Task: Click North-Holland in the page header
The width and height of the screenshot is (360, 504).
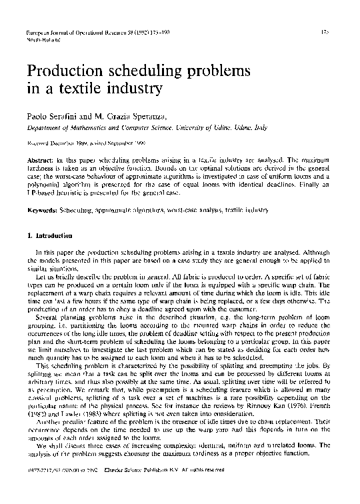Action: (x=41, y=39)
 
